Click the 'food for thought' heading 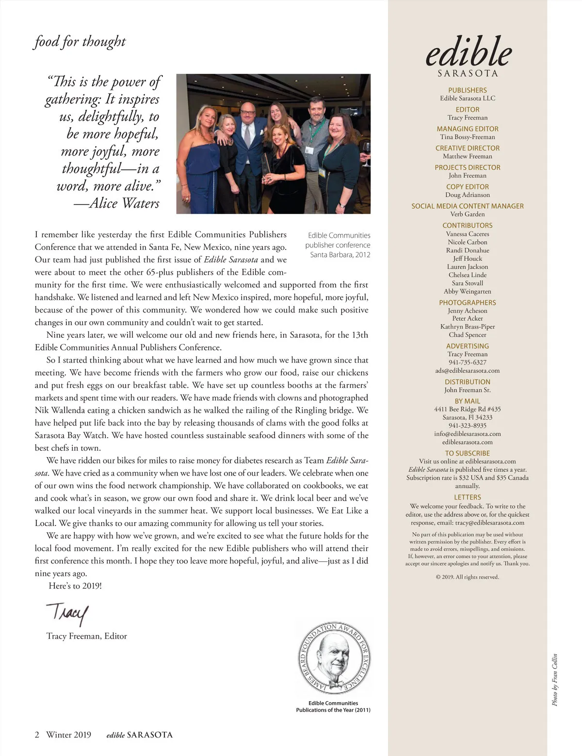[x=80, y=42]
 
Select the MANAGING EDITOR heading [x=468, y=129]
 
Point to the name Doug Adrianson [x=468, y=195]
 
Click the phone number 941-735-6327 [x=468, y=362]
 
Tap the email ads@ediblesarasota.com [x=468, y=370]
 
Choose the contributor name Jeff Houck [x=468, y=259]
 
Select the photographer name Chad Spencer [x=468, y=335]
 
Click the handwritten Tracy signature [x=68, y=614]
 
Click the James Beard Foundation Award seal [x=333, y=660]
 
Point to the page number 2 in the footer [x=37, y=735]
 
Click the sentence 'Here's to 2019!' [x=75, y=586]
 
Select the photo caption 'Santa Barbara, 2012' [x=340, y=255]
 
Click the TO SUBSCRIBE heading [x=468, y=453]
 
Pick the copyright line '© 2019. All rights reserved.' [x=468, y=577]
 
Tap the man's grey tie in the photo [x=247, y=136]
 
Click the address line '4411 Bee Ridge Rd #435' [x=468, y=409]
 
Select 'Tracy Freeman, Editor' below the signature [x=87, y=636]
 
